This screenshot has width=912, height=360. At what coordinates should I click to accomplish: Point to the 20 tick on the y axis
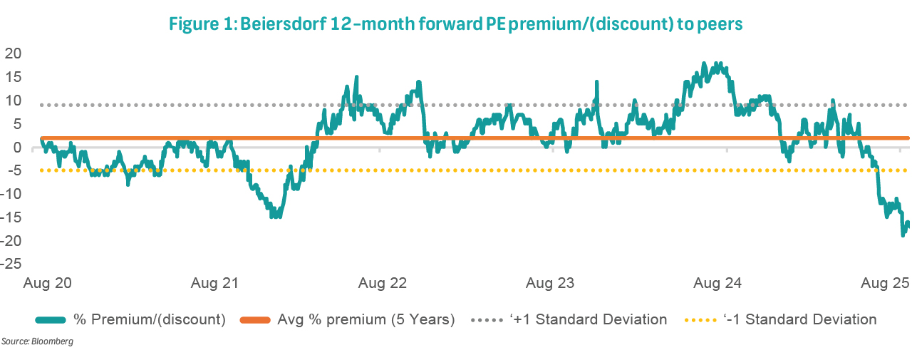pos(14,53)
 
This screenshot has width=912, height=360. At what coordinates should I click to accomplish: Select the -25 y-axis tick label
pos(11,264)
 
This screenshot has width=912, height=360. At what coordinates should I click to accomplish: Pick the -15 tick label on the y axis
pos(11,217)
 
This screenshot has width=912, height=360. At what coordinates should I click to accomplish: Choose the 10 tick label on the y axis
pos(14,100)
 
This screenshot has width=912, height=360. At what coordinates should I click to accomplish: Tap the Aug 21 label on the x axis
pos(214,284)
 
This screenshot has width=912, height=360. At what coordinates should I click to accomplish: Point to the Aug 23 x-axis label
pos(549,284)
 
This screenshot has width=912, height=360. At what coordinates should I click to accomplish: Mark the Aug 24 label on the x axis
pos(717,284)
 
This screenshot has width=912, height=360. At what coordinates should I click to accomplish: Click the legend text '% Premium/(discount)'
pos(150,319)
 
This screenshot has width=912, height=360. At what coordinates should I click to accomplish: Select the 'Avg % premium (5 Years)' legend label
pos(366,319)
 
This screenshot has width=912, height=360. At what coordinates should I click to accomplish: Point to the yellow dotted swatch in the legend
pos(693,320)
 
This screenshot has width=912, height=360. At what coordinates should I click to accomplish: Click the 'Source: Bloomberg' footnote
pos(37,342)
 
